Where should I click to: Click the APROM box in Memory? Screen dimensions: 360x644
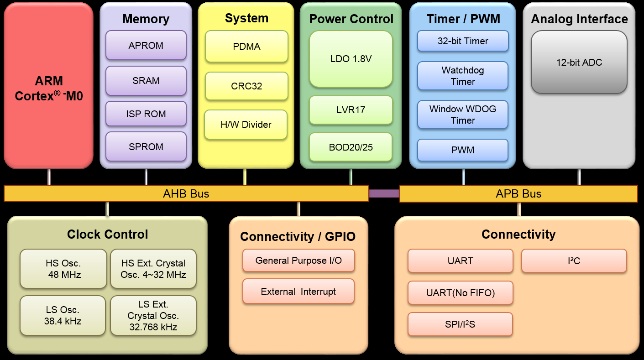pos(146,45)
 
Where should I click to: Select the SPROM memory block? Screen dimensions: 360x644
pos(146,146)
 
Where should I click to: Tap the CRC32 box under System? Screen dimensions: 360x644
pos(246,86)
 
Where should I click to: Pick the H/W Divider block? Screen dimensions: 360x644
pos(246,124)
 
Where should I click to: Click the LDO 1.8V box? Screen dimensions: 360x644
pos(351,59)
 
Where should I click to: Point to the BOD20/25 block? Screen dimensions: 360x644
pos(351,147)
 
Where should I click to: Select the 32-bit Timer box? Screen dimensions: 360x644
pos(463,41)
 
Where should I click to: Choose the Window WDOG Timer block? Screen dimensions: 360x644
pos(463,115)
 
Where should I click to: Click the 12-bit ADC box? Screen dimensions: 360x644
pos(579,63)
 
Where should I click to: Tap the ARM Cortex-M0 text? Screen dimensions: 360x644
pos(49,89)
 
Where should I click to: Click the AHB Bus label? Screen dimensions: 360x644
pos(186,193)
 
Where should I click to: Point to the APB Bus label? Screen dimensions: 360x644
pos(518,193)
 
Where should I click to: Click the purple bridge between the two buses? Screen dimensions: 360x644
pos(384,193)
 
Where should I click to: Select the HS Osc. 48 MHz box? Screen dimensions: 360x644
pos(63,269)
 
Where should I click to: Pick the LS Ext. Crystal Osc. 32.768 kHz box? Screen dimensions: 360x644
pos(153,315)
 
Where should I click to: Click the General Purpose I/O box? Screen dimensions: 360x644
pos(298,261)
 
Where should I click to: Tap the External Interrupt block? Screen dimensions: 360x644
pos(298,292)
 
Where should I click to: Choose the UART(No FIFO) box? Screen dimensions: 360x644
pos(461,293)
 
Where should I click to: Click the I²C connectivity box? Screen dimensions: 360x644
pos(574,261)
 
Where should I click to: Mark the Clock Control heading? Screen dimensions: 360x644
pos(108,235)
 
